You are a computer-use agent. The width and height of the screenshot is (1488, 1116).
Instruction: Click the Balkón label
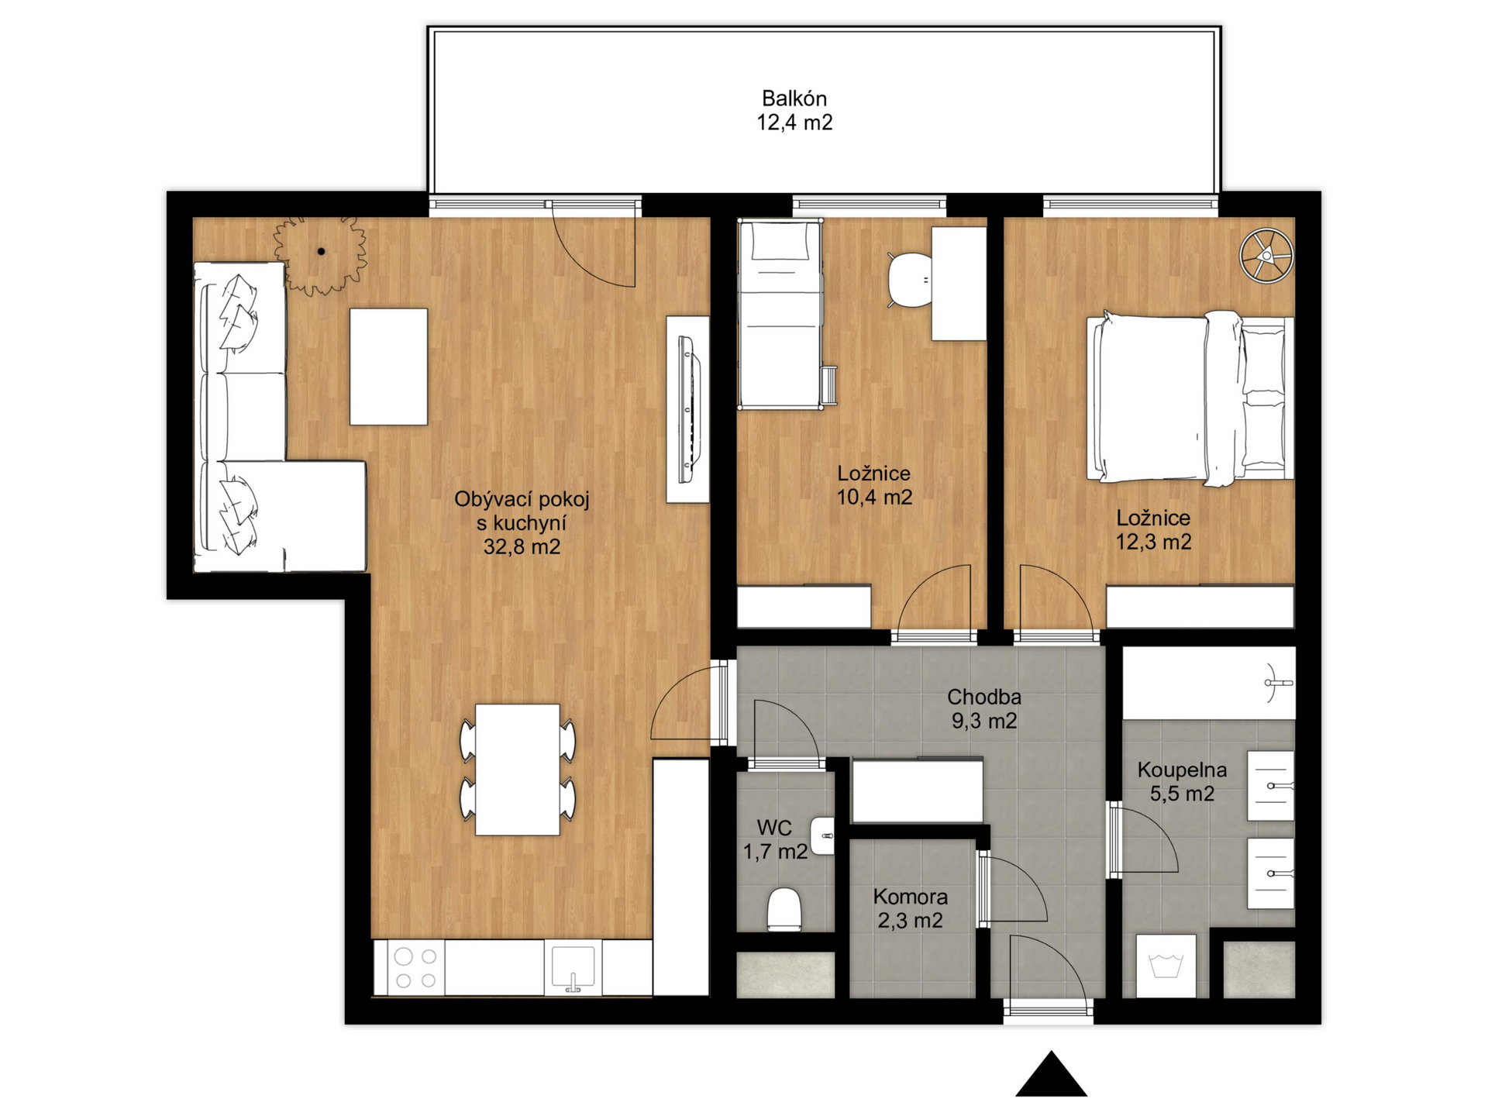click(x=794, y=98)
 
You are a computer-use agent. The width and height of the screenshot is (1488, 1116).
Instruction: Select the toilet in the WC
click(x=784, y=909)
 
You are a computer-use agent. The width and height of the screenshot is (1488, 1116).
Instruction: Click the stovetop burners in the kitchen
click(x=415, y=967)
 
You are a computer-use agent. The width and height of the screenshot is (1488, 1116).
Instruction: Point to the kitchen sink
click(x=573, y=967)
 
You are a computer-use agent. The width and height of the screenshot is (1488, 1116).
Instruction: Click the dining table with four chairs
click(x=518, y=769)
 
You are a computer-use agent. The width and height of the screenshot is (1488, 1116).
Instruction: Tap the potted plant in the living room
click(x=320, y=253)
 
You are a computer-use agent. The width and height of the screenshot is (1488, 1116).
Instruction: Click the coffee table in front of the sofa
click(x=388, y=367)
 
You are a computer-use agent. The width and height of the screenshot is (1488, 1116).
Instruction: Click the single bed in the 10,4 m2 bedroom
click(x=780, y=313)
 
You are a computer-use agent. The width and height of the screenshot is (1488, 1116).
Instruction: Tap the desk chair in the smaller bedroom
click(x=910, y=280)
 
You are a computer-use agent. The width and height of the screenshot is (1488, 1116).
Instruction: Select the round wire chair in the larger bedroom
click(x=1266, y=255)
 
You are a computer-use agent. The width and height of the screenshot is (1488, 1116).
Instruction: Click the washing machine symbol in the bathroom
click(x=1166, y=966)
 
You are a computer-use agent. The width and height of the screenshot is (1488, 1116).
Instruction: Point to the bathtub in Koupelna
click(x=1209, y=683)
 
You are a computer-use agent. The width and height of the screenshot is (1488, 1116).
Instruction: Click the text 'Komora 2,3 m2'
click(x=910, y=908)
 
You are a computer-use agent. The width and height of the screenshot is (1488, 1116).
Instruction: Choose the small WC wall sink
click(x=822, y=836)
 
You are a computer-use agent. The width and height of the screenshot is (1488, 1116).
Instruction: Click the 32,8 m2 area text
click(x=522, y=547)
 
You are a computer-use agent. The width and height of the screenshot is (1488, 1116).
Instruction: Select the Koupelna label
click(x=1182, y=770)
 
